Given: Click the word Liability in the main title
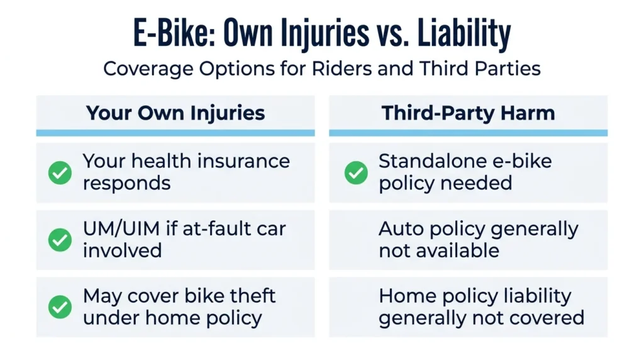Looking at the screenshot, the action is (x=464, y=33).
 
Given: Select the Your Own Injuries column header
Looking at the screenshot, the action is (x=175, y=113).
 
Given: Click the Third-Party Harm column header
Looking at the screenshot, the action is (x=468, y=113).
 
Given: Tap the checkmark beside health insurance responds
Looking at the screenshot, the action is (x=60, y=172).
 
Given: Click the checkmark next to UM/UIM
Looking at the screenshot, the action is (x=60, y=240).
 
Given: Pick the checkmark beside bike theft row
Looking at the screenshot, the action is (x=60, y=307).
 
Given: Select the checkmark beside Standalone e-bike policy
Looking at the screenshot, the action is (x=356, y=172).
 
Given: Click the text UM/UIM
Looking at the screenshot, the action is (x=121, y=229).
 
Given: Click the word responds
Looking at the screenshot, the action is (x=126, y=184).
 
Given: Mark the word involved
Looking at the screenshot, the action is (x=123, y=250).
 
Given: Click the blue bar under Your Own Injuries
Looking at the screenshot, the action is (x=175, y=133).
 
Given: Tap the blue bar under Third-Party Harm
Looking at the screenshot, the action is (x=468, y=133).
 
